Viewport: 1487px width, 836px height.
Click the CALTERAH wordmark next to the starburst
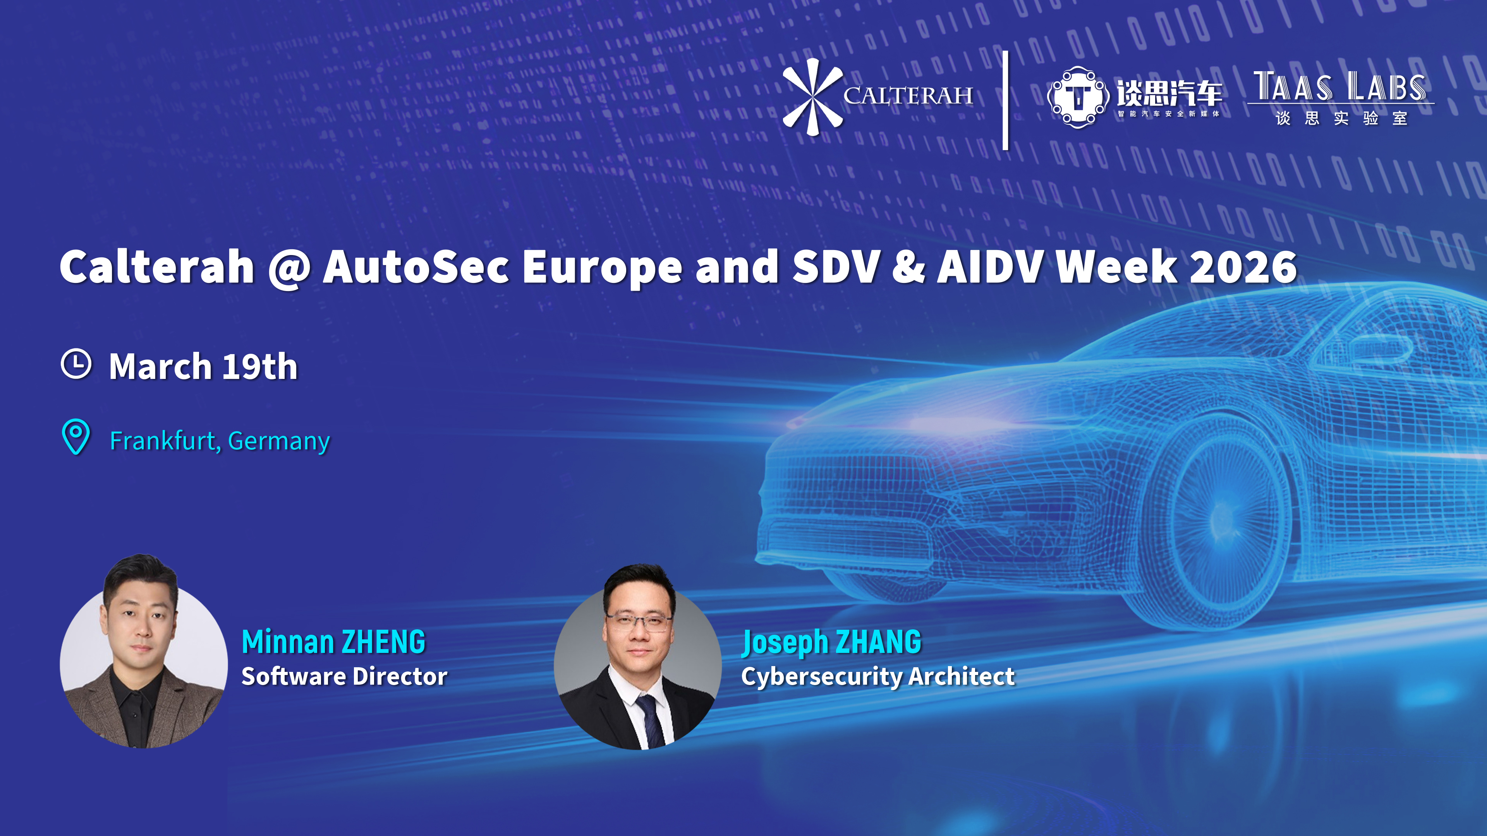click(x=908, y=96)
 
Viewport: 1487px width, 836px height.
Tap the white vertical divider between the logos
click(x=1006, y=100)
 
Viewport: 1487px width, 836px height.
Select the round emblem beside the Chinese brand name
click(x=1078, y=97)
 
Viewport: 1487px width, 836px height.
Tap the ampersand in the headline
click(x=908, y=267)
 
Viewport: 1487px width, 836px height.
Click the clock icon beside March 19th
click(x=76, y=363)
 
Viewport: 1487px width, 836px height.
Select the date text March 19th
click(x=203, y=367)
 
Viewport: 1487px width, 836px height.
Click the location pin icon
click(x=76, y=437)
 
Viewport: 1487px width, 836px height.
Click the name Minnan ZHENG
click(x=334, y=642)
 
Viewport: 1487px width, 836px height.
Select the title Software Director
click(x=344, y=676)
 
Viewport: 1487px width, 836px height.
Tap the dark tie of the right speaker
click(x=649, y=721)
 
